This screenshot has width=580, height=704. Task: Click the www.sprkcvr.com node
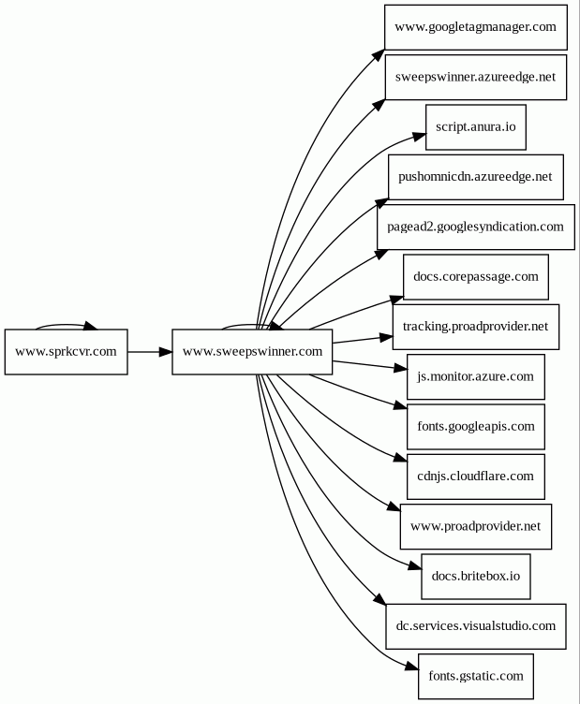point(66,352)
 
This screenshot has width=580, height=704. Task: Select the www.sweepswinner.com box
point(252,352)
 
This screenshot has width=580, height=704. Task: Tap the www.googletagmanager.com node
point(476,27)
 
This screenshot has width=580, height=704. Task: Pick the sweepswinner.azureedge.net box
point(476,77)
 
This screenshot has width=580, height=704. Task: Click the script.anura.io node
point(476,127)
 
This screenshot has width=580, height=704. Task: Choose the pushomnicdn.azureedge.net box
point(476,177)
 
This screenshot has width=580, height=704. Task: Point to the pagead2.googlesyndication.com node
point(476,227)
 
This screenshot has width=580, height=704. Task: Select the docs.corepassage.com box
point(476,277)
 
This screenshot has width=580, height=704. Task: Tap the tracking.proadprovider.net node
point(476,327)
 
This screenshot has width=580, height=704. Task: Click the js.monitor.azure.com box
point(476,376)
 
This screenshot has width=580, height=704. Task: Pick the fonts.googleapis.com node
point(476,427)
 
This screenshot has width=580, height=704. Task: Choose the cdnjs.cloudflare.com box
point(476,477)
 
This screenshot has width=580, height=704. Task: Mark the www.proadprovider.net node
point(476,526)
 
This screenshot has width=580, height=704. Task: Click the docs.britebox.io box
point(476,577)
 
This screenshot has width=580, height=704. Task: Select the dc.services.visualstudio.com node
point(476,626)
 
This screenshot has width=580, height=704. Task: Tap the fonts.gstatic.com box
point(476,676)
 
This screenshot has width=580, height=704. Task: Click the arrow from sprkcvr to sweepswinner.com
point(150,352)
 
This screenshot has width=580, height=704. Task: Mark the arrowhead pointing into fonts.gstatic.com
point(411,667)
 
